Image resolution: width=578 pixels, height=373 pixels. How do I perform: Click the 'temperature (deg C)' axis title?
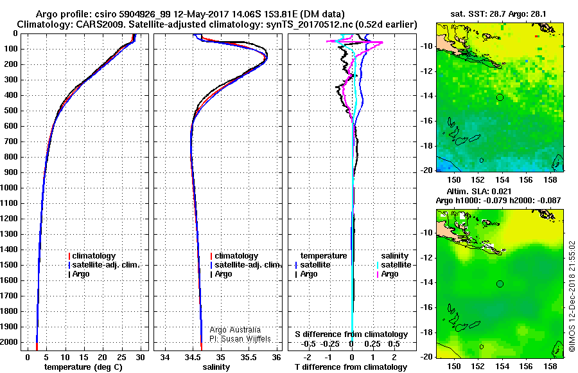[x=80, y=367]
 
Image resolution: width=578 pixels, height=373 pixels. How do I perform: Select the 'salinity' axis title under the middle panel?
[x=216, y=367]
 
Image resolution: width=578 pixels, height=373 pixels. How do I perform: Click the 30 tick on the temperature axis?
[x=140, y=357]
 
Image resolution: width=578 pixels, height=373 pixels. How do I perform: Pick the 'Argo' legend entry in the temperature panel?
[x=80, y=274]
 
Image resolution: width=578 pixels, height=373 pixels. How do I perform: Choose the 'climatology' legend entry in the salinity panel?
[x=236, y=256]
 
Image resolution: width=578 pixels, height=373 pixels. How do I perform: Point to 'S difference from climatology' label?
[x=351, y=334]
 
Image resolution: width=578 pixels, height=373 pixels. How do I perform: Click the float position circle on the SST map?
[x=500, y=97]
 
